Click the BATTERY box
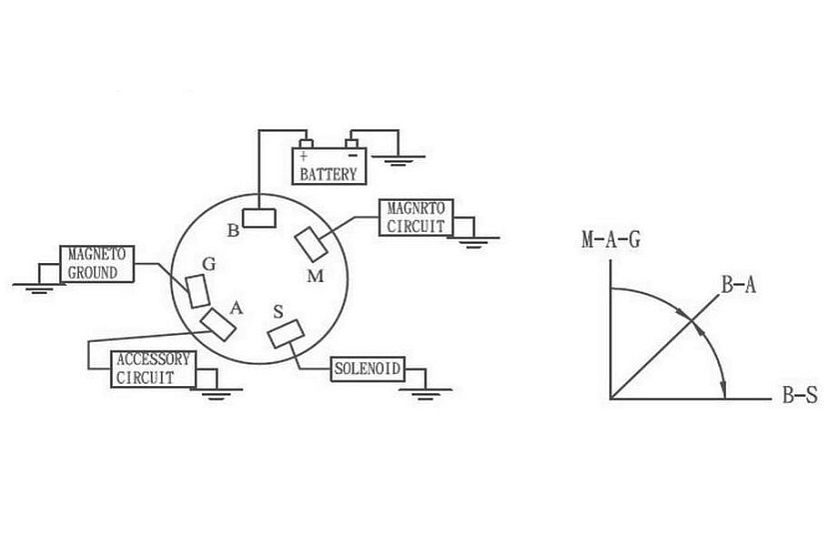(x=329, y=166)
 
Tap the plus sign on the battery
(x=304, y=156)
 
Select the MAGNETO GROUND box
(x=97, y=264)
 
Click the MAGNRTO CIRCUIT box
(x=416, y=217)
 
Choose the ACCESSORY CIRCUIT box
(x=153, y=369)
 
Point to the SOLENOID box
(x=368, y=369)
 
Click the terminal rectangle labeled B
(x=259, y=218)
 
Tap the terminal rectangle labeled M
(x=312, y=245)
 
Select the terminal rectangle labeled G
(x=198, y=291)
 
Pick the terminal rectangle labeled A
(x=219, y=324)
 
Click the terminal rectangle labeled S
(x=287, y=334)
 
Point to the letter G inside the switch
(x=209, y=264)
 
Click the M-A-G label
(x=611, y=240)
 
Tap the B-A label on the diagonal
(x=739, y=285)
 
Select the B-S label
(x=800, y=395)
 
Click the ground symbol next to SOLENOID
(x=425, y=394)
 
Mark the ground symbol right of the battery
(x=399, y=161)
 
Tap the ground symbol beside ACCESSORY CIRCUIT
(x=216, y=394)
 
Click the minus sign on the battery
(x=353, y=156)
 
